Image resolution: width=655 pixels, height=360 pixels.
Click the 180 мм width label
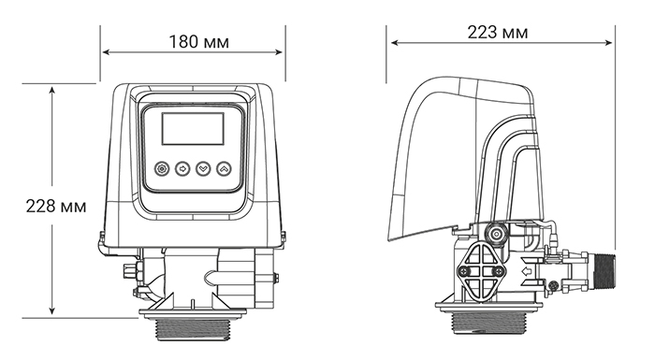(x=198, y=42)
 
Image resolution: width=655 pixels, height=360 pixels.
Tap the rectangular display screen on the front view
(x=193, y=128)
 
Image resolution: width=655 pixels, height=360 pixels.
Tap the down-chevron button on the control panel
(x=203, y=169)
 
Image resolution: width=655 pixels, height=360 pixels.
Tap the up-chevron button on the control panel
(x=224, y=169)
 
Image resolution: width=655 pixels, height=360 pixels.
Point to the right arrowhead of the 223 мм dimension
(x=612, y=43)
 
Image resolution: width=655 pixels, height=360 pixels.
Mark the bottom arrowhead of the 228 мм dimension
(x=53, y=313)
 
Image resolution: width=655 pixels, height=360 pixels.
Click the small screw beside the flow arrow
(x=553, y=284)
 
